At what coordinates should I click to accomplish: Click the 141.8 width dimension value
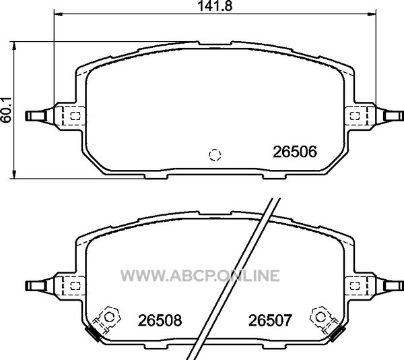point(215,5)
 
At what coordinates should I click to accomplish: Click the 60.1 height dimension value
point(5,110)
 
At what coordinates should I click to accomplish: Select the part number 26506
point(295,152)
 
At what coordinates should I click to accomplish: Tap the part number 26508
point(160,320)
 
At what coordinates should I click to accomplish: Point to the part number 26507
point(270,320)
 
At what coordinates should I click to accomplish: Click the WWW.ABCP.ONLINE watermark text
point(200,276)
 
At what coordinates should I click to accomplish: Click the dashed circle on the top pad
point(215,155)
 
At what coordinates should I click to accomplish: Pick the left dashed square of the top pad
point(75,116)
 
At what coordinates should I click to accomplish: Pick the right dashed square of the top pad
point(355,116)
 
